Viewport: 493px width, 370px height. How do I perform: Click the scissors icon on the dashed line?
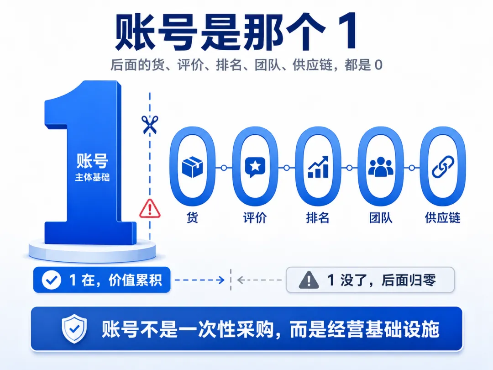(150, 125)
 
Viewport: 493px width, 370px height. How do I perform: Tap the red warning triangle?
(150, 209)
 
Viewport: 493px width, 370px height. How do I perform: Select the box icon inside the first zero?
(193, 167)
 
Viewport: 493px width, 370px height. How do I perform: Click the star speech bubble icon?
(255, 167)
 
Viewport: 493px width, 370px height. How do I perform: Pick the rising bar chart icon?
(318, 167)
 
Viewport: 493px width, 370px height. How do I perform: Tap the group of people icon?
(381, 166)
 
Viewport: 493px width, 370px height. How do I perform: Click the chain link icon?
(443, 167)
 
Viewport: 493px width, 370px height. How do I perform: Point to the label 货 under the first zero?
(193, 217)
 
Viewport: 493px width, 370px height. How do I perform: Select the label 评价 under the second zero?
(255, 217)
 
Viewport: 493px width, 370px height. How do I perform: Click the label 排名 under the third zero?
(318, 217)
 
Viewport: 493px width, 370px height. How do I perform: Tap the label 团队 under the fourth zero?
(381, 217)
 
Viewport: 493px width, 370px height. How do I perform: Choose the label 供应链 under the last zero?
(443, 217)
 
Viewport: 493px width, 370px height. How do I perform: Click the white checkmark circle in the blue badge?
(52, 280)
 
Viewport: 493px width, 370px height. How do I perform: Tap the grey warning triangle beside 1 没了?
(309, 280)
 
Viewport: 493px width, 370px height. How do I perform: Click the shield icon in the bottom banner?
(74, 328)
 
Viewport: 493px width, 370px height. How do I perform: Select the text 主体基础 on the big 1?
(92, 177)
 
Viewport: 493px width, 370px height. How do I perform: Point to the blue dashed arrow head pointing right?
(222, 280)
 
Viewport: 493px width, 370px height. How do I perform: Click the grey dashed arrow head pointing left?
(241, 280)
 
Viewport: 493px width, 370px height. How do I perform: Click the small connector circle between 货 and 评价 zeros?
(224, 168)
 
